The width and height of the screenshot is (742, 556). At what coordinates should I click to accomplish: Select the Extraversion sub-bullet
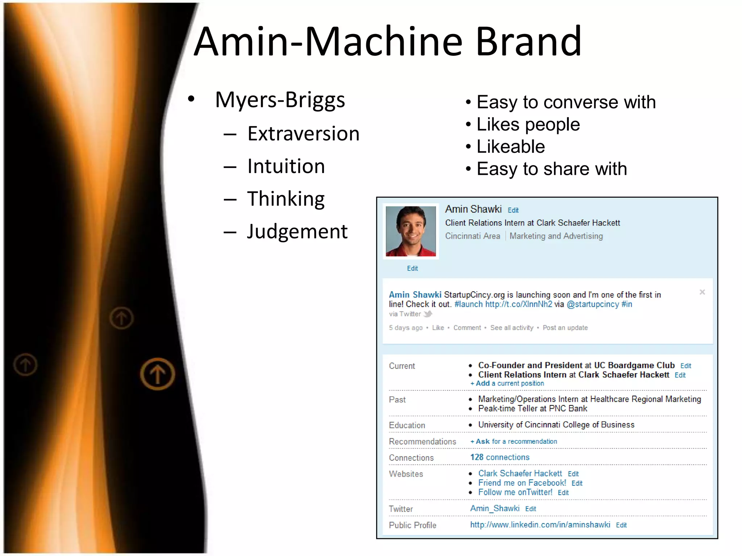tap(303, 134)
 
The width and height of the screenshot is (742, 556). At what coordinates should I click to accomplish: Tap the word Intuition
tap(286, 166)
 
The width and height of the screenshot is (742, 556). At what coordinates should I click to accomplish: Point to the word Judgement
tap(297, 231)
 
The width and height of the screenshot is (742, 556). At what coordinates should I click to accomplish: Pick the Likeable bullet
tap(510, 147)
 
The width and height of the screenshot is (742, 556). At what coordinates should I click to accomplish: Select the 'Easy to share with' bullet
tap(551, 169)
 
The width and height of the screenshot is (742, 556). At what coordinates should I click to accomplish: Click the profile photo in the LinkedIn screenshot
tap(410, 231)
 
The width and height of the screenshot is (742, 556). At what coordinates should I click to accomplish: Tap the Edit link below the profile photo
tap(412, 268)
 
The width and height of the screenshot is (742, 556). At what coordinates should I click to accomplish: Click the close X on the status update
tap(702, 292)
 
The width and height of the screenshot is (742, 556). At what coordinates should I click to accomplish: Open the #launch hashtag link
tap(468, 304)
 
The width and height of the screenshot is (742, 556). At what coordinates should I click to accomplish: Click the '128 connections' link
tap(500, 457)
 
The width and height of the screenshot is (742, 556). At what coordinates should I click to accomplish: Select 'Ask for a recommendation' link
tap(514, 441)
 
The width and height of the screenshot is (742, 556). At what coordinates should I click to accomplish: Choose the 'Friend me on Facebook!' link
tap(522, 483)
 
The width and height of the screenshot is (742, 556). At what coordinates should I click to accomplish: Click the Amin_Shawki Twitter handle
tap(495, 508)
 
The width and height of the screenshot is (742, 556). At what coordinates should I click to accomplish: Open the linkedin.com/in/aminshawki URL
tap(540, 525)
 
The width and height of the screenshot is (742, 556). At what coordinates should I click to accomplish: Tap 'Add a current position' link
tap(507, 383)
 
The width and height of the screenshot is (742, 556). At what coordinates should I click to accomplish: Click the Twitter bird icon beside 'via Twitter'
tap(428, 314)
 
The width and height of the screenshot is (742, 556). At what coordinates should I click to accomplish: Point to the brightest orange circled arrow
tap(157, 374)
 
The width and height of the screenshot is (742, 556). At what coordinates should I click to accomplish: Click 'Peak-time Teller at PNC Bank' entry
tap(532, 408)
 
